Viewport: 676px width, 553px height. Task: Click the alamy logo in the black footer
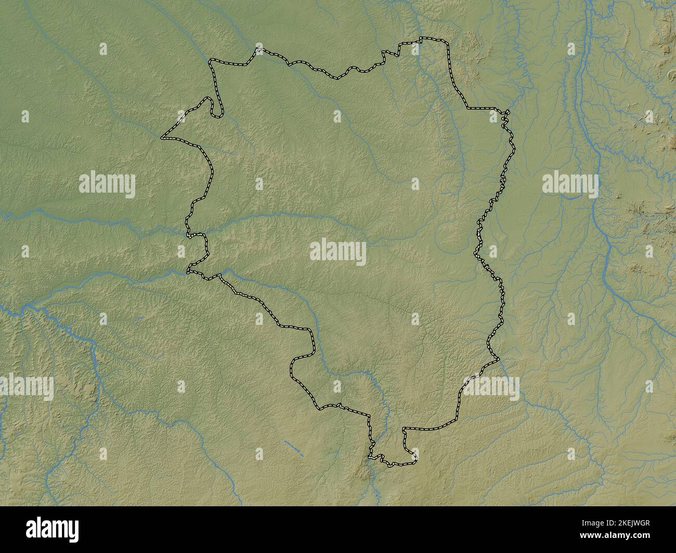pos(52,530)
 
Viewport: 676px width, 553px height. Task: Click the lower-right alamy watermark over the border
pos(491,387)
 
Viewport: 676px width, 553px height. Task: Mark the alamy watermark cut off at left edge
pos(26,387)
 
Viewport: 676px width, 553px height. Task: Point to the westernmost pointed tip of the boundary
pos(162,138)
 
